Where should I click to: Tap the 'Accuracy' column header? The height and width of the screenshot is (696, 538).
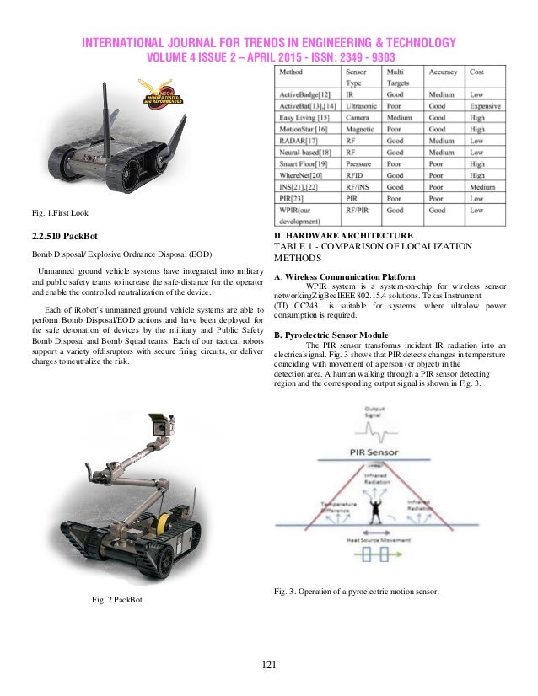tap(444, 72)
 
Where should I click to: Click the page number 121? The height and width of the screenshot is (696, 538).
tap(269, 667)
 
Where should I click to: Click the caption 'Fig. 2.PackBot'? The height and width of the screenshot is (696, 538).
tap(117, 599)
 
